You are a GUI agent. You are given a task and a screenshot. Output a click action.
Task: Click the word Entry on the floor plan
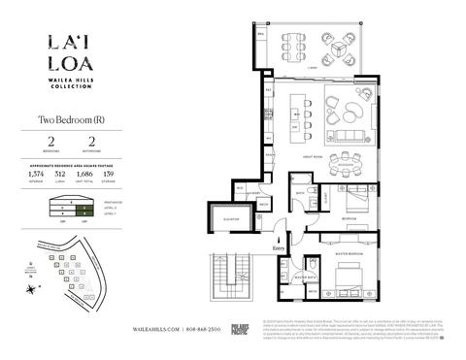pyautogui.click(x=281, y=249)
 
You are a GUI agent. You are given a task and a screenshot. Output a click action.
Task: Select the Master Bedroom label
pyautogui.click(x=350, y=255)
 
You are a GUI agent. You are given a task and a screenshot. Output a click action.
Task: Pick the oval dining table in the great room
pyautogui.click(x=343, y=161)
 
